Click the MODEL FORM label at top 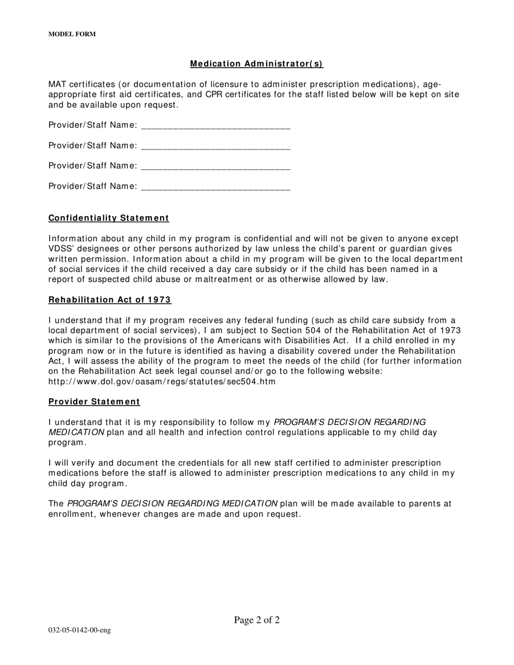72,34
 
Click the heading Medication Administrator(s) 256,64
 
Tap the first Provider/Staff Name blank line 215,126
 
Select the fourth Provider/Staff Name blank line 215,187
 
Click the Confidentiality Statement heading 109,218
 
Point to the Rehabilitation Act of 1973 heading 110,300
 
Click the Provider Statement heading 94,402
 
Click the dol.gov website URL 162,382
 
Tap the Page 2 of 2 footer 256,620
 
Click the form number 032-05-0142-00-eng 80,630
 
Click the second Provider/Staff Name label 93,146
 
